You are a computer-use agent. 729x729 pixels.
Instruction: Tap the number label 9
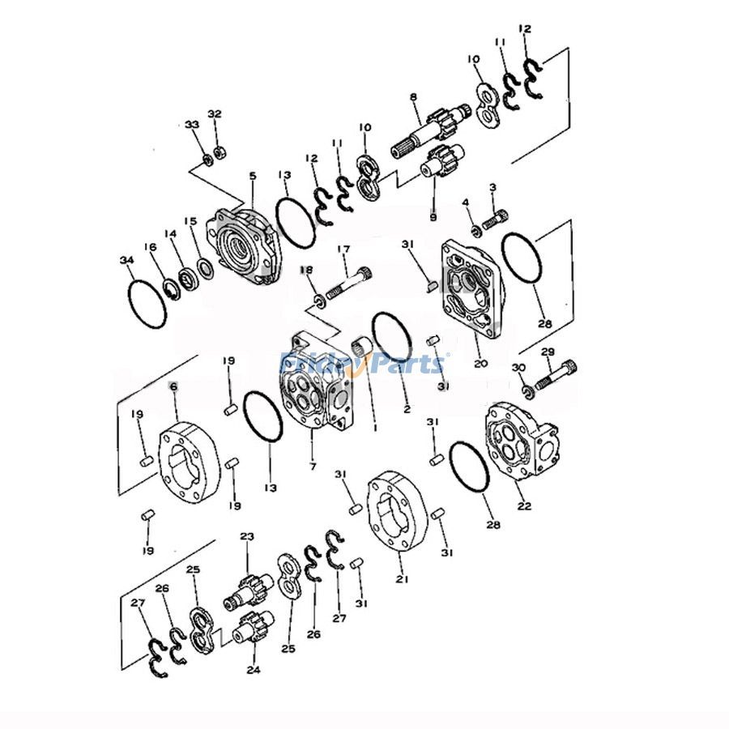point(433,217)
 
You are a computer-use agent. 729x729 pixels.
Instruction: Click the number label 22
point(524,506)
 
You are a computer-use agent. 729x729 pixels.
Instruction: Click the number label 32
point(215,113)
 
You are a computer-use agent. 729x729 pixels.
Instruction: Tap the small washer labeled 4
point(476,231)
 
